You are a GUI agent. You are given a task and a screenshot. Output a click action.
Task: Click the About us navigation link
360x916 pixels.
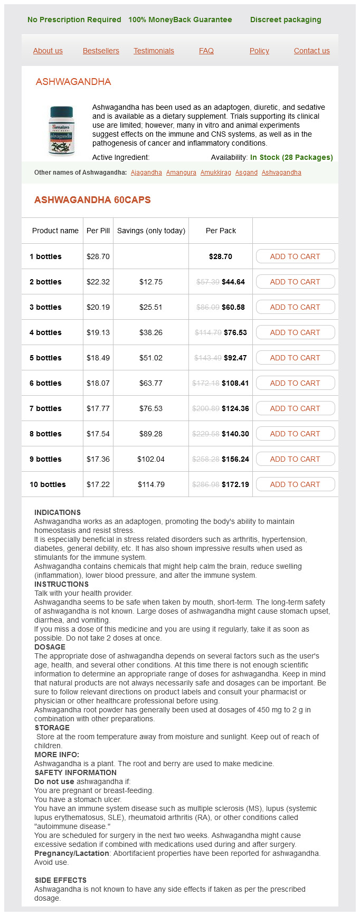pos(48,51)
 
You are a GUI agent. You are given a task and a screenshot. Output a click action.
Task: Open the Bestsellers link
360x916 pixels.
pos(101,51)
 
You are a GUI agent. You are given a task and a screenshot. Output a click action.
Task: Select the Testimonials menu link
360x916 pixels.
pos(154,51)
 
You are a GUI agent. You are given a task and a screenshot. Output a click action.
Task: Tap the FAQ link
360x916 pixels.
pos(206,51)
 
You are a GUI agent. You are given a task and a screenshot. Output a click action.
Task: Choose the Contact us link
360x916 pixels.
pos(311,51)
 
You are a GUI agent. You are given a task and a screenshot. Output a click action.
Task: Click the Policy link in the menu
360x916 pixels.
pos(259,51)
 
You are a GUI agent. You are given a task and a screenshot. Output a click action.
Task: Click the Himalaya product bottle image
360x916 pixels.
pos(62,130)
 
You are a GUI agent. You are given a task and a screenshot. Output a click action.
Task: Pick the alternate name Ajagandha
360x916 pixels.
pos(146,173)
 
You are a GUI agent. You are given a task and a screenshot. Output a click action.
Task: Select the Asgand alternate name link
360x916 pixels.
pos(246,173)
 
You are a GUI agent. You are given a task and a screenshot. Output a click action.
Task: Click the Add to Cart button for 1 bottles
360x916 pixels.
pos(295,256)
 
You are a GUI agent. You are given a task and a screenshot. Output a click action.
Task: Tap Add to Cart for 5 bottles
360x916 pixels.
pos(295,358)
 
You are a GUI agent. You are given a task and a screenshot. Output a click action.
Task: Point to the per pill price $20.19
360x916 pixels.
pos(98,307)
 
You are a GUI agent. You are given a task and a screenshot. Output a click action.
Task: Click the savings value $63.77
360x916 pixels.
pos(151,383)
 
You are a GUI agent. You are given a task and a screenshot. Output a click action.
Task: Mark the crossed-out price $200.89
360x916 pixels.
pos(207,408)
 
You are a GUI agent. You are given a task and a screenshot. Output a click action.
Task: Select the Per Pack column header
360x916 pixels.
pos(221,231)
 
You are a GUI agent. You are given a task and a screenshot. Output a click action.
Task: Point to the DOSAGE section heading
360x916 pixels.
pos(50,647)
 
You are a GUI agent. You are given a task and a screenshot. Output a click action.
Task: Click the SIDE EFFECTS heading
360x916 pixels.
pos(61,880)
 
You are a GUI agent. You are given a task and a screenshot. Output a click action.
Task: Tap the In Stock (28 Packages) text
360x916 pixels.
pos(291,157)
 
